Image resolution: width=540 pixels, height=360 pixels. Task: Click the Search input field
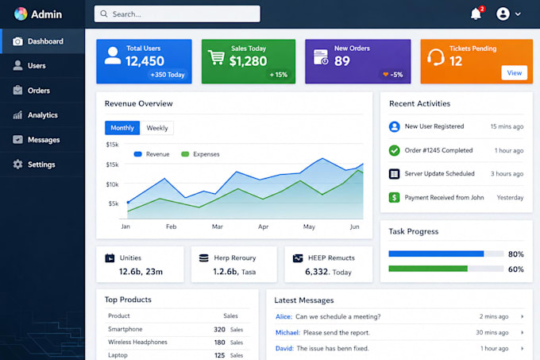(x=177, y=14)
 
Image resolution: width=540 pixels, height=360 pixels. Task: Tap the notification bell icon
(x=476, y=14)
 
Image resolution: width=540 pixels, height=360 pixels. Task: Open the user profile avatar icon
(x=503, y=14)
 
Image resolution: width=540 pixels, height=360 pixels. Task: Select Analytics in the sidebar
(x=43, y=115)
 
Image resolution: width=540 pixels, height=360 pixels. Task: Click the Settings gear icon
(x=17, y=165)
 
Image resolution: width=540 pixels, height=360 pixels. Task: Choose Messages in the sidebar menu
(x=44, y=140)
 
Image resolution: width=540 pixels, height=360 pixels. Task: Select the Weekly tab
(x=157, y=128)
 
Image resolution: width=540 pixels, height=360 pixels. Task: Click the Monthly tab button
(x=122, y=128)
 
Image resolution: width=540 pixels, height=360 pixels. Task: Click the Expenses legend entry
(x=200, y=154)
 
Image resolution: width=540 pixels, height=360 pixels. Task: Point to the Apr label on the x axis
(x=263, y=226)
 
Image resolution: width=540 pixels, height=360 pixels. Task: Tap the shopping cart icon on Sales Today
(x=216, y=57)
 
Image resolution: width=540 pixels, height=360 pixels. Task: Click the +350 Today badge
(x=168, y=75)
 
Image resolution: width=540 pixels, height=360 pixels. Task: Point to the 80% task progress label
(x=516, y=254)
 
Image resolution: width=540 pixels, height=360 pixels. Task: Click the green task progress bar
(x=428, y=269)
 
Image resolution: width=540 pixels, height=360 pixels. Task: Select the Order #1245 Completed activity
(x=438, y=150)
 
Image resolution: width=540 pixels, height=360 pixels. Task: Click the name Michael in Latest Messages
(x=287, y=332)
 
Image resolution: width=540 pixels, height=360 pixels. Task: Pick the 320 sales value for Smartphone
(x=219, y=329)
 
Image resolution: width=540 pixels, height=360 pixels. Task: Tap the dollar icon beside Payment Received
(x=395, y=197)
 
